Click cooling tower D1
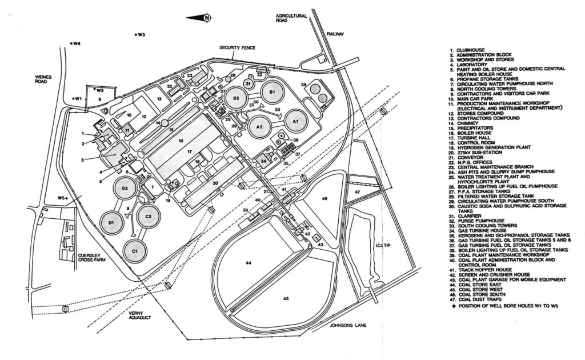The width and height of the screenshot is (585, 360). click(112, 222)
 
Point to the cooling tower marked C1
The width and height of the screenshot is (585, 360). click(135, 251)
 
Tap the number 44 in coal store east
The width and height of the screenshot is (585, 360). click(249, 262)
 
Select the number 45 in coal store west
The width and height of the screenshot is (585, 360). click(286, 297)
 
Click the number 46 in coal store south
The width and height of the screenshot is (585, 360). click(324, 198)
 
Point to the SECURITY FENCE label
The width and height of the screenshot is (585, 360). click(238, 48)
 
